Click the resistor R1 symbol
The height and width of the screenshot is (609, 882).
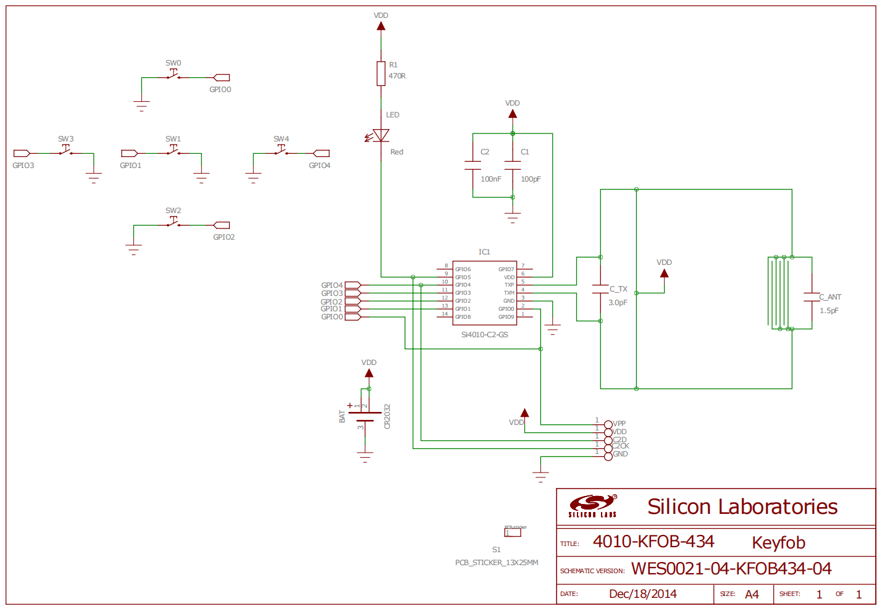(381, 73)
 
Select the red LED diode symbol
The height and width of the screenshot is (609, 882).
(380, 136)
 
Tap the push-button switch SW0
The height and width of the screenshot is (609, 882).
(174, 76)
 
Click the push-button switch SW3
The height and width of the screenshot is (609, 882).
(65, 151)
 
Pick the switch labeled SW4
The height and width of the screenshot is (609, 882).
(281, 151)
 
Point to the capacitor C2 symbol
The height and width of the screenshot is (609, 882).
(472, 166)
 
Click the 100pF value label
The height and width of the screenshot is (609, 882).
(531, 179)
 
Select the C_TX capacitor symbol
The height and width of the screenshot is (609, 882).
(600, 289)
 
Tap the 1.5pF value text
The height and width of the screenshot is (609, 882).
(829, 311)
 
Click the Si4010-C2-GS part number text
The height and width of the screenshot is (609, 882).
(484, 335)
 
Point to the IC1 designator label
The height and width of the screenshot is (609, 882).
(484, 252)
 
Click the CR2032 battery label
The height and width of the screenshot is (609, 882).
(387, 416)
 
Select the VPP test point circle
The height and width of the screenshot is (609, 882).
(608, 424)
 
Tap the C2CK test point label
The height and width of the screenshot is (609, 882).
(621, 446)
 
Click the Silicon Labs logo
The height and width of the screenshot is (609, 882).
(592, 506)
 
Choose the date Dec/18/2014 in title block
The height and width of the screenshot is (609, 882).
(642, 594)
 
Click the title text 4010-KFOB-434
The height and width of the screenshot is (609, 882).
(653, 542)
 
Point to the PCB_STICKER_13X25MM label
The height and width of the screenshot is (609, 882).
(497, 563)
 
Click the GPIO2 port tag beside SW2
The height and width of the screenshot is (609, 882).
(221, 225)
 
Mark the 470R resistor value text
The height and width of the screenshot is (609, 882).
(397, 76)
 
